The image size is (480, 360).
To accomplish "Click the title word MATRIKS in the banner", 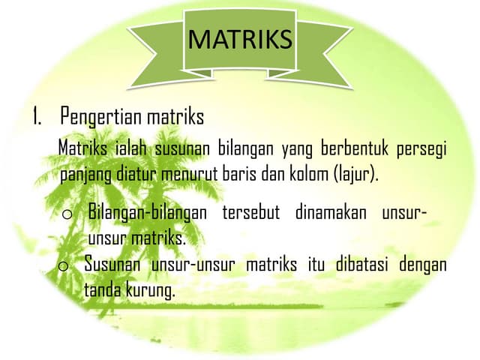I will pos(239,38).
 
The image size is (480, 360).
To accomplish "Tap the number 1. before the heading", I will pos(37,118).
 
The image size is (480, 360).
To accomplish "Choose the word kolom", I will pos(310,175).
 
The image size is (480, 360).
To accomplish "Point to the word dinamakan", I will pos(331,212).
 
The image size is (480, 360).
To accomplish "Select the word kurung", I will pos(150,291).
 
